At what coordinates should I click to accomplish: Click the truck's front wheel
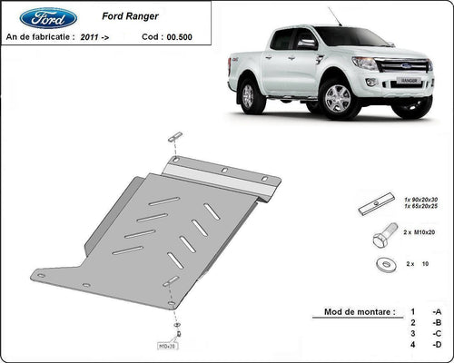click(x=338, y=98)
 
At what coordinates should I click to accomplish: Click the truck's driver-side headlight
click(x=365, y=63)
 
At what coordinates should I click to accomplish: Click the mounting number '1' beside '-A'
click(x=412, y=311)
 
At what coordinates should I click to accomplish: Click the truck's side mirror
click(x=306, y=43)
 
